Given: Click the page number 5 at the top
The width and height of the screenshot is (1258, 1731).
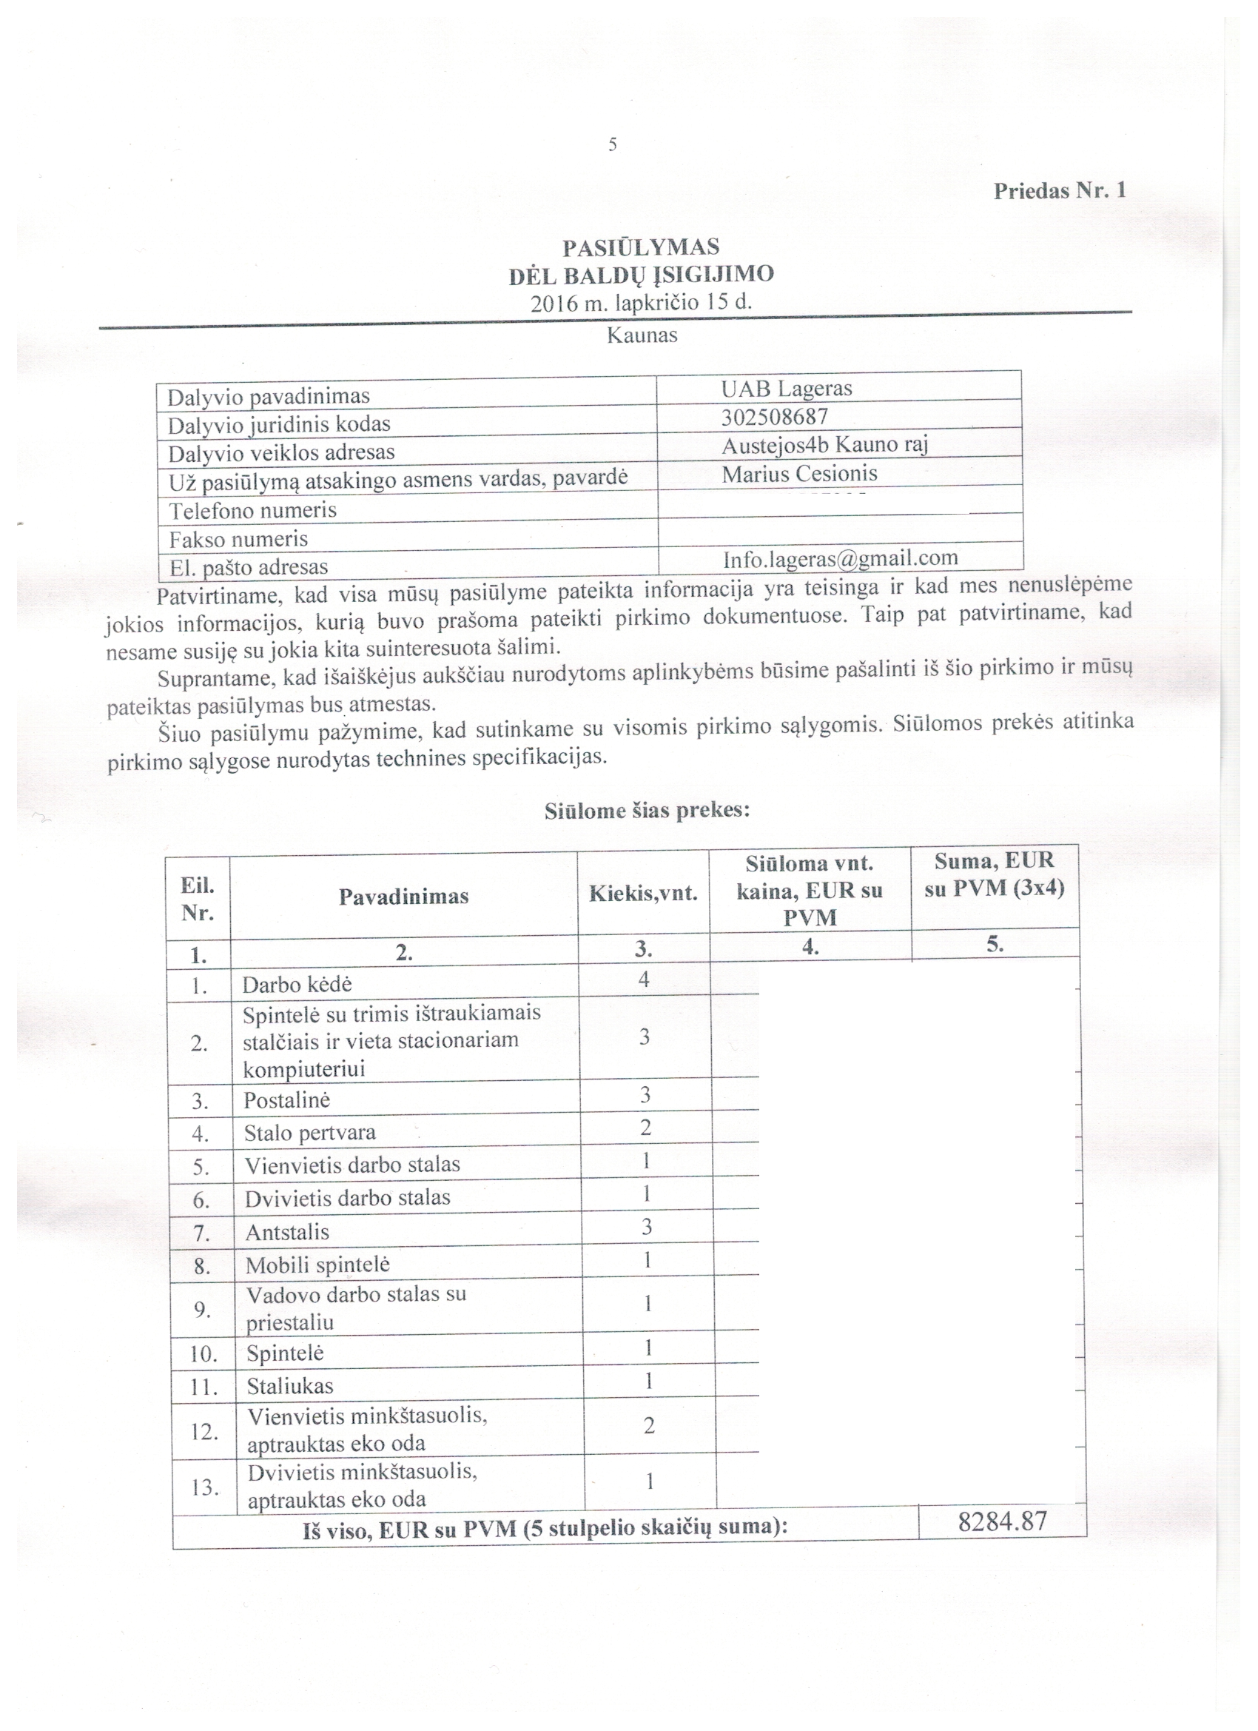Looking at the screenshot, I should [612, 145].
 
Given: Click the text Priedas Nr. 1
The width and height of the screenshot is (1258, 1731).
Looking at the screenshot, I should [1059, 191].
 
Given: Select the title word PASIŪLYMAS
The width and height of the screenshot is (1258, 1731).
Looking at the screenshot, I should [641, 247].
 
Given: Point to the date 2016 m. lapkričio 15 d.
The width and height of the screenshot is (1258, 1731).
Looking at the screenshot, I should [641, 302].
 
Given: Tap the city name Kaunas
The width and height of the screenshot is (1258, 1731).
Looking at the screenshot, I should [642, 335].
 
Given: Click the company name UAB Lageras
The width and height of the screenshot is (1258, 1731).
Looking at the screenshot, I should [787, 389].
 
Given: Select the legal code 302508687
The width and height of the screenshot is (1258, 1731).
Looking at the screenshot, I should [774, 418].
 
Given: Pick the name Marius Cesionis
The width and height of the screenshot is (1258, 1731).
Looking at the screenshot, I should [798, 474].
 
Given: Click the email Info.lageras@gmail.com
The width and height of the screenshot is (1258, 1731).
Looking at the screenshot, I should [840, 559].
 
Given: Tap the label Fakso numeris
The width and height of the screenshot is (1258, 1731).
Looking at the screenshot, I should [238, 540].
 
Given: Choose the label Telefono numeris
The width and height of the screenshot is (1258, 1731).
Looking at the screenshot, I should [252, 510].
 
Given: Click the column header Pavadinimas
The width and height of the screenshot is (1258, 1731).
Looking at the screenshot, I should [403, 896].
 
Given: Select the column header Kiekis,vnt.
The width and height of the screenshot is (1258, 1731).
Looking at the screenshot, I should [643, 894].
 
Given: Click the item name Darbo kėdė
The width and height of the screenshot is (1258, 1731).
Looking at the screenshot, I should [297, 985].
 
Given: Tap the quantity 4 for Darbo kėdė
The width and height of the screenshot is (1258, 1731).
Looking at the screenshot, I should [643, 980].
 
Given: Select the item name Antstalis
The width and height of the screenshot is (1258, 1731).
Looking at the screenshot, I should [287, 1233].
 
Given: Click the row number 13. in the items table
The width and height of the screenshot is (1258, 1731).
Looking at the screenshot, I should [204, 1487].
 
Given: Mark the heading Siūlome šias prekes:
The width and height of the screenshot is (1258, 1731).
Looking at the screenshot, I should [647, 811].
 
